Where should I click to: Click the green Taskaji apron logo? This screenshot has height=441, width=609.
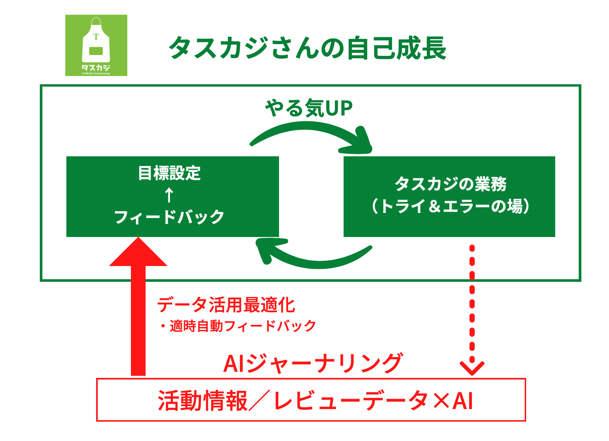[96, 45]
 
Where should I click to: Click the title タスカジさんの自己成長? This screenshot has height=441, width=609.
[307, 48]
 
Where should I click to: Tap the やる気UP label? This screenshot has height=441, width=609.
[309, 108]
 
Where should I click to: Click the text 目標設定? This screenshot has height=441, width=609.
[169, 173]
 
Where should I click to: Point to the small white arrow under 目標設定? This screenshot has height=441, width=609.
[169, 195]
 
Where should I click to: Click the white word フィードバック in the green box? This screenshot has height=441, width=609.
[169, 217]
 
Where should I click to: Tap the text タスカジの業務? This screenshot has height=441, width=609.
[450, 184]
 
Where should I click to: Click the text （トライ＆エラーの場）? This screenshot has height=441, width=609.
[450, 206]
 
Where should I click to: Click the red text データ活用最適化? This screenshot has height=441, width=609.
[226, 305]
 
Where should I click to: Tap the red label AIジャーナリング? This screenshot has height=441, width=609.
[313, 364]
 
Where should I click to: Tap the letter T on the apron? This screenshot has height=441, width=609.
[96, 37]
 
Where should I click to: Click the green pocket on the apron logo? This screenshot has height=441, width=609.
[96, 51]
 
